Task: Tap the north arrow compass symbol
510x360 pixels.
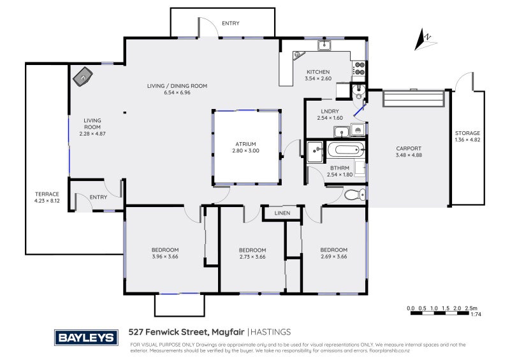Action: (423, 40)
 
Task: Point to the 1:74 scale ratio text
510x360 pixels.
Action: (475, 314)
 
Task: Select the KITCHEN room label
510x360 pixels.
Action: (318, 72)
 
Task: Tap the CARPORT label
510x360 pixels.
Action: (408, 148)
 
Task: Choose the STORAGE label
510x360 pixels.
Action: (467, 133)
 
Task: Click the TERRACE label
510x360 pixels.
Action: (47, 194)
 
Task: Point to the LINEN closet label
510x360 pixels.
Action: (282, 213)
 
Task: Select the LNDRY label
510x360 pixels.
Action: (330, 110)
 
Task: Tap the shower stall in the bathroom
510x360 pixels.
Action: (315, 152)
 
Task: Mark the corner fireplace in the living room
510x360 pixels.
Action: (82, 77)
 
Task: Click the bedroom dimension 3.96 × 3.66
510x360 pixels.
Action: (164, 256)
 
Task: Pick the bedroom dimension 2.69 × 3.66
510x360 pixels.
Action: (333, 256)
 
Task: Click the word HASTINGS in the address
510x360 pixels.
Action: (270, 331)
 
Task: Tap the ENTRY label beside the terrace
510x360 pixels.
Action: (98, 197)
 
